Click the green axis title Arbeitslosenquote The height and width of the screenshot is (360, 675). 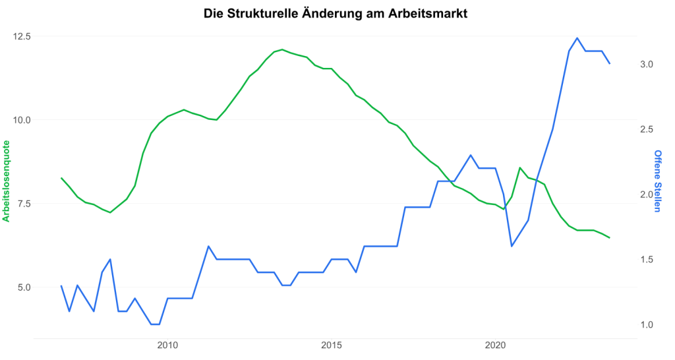pos(7,181)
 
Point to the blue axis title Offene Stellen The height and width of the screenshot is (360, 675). pos(657,181)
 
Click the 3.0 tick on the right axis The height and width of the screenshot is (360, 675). pos(645,65)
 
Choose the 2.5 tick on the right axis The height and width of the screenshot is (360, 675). pos(645,130)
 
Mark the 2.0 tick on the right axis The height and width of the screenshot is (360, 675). pos(645,195)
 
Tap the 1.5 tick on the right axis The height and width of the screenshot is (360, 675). pos(645,260)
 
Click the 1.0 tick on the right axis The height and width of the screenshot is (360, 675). pos(645,324)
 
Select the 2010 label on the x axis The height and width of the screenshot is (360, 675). pos(168,345)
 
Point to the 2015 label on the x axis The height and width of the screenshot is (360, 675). pos(332,345)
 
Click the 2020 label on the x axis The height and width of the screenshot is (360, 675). pos(495,345)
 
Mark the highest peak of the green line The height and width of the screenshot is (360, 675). pos(282,49)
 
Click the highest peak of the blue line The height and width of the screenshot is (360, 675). pos(577,38)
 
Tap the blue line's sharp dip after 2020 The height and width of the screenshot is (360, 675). pos(512,246)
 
